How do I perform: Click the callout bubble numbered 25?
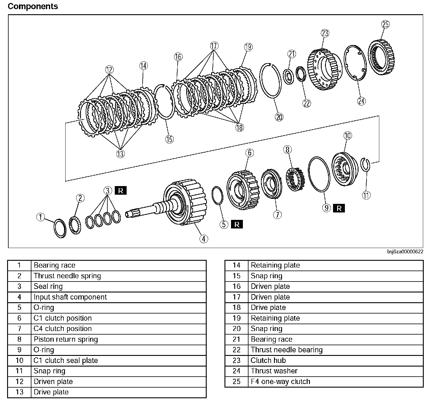click(385, 24)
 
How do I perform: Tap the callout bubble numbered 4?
click(204, 239)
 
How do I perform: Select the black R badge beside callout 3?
click(120, 191)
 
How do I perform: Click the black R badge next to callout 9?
click(339, 208)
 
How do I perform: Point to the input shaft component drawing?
click(178, 204)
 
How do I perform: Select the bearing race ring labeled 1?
click(60, 228)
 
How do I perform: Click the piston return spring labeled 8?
click(294, 179)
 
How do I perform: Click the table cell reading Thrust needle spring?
click(67, 276)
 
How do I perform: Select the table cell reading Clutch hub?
click(268, 360)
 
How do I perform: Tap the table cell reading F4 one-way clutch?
click(280, 382)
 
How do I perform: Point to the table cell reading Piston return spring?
click(66, 339)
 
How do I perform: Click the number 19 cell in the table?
click(236, 318)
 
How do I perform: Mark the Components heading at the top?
click(33, 6)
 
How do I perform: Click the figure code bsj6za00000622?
click(405, 252)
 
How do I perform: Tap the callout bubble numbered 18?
click(240, 127)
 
